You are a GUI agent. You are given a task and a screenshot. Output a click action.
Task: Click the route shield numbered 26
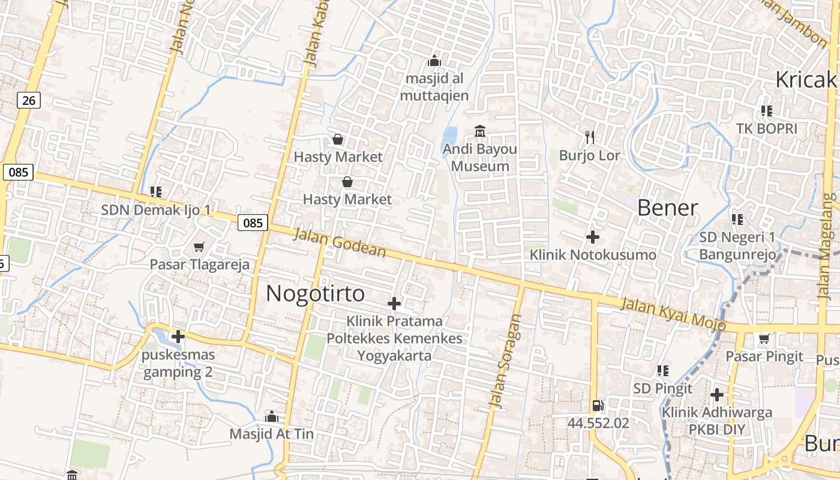point(29,100)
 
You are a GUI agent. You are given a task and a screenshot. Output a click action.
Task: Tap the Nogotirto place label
point(315,293)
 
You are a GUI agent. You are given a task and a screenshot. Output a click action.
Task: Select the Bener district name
point(667,208)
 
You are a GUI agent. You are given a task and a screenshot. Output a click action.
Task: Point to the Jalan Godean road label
point(339,242)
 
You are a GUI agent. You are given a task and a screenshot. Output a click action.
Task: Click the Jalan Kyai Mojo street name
point(673,314)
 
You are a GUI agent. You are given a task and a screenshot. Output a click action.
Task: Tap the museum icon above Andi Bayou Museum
point(480,131)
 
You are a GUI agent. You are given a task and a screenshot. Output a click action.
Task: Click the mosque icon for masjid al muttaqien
point(434,61)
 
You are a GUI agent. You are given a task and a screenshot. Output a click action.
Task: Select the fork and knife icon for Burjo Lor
point(590,137)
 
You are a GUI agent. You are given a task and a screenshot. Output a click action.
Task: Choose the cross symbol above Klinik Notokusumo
point(593,237)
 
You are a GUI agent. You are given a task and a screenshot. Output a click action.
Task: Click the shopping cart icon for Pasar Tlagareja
point(199,247)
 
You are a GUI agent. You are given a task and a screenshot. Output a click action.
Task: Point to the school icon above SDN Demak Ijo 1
point(156,192)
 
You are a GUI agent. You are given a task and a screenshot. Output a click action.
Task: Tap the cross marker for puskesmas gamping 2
point(178,337)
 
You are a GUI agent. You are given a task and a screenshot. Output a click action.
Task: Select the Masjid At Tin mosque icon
point(272,416)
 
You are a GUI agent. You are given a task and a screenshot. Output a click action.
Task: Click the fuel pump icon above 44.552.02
point(598,406)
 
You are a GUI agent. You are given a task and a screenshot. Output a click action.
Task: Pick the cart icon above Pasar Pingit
point(764,339)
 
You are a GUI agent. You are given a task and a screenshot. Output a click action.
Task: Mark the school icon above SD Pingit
point(663,371)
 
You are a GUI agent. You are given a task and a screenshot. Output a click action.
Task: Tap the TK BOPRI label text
point(767,128)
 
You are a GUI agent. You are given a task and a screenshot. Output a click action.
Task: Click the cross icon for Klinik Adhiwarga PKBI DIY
point(716,395)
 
